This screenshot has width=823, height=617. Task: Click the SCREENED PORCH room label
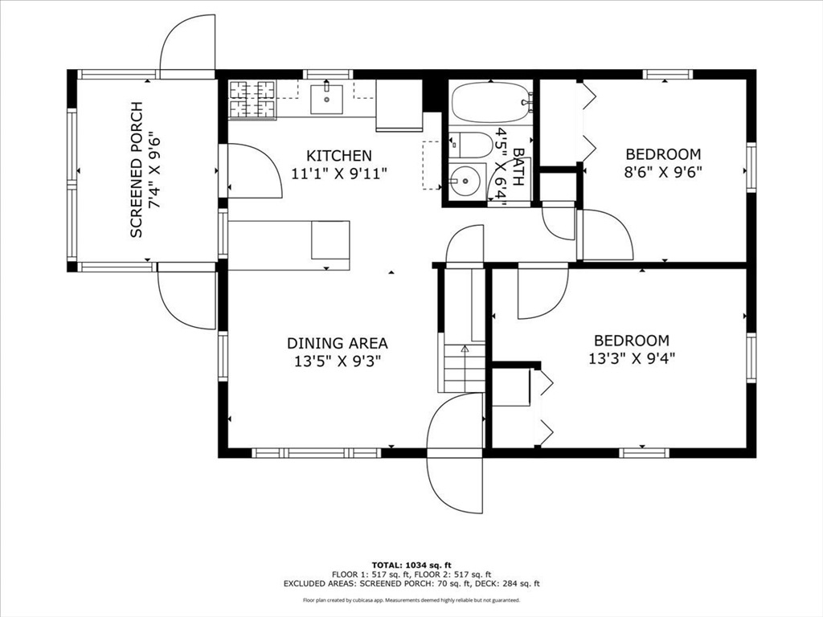(x=137, y=170)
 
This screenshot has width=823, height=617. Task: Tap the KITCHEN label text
(x=339, y=156)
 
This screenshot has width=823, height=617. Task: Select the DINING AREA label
(x=338, y=343)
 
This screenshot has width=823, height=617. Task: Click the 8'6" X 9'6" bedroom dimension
(x=663, y=172)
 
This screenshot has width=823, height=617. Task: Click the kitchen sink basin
(x=326, y=99)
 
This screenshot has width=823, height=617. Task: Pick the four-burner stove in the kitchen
(x=252, y=100)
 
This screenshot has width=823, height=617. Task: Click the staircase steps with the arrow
(x=465, y=368)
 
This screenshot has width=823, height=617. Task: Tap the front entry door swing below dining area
(x=455, y=453)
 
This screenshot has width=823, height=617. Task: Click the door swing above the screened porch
(x=187, y=47)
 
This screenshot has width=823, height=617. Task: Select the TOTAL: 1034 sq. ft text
(x=411, y=565)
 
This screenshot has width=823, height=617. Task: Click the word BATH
(x=518, y=167)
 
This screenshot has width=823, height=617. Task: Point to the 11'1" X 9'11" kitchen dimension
(x=339, y=174)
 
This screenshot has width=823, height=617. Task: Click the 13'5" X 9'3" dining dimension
(x=338, y=361)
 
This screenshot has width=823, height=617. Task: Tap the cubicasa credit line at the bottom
(x=411, y=599)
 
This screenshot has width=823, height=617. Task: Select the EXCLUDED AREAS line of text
(x=411, y=583)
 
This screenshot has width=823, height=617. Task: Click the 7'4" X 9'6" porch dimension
(x=154, y=170)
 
